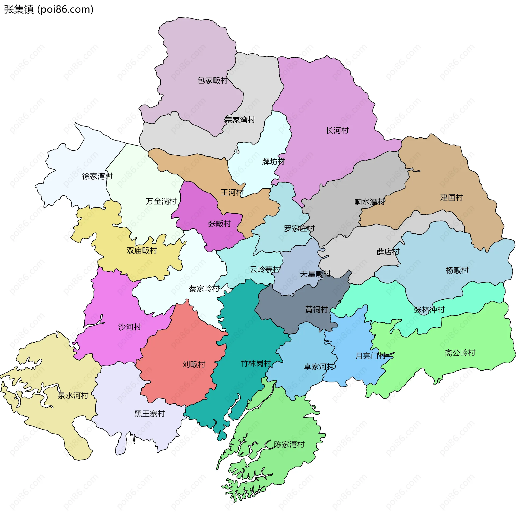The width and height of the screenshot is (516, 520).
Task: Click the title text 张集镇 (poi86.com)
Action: pyautogui.click(x=49, y=9)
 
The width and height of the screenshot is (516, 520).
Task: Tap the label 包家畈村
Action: pyautogui.click(x=212, y=80)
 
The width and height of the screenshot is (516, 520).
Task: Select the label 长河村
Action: pyautogui.click(x=337, y=131)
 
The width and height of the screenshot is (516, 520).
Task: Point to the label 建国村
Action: pyautogui.click(x=451, y=197)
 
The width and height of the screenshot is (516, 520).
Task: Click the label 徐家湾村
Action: pyautogui.click(x=97, y=176)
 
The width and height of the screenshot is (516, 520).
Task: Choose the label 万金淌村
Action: pyautogui.click(x=161, y=201)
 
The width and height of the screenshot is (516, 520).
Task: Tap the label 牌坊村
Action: pyautogui.click(x=273, y=162)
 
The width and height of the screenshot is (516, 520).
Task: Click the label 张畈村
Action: pyautogui.click(x=219, y=224)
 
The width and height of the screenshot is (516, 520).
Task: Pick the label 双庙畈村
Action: pyautogui.click(x=142, y=250)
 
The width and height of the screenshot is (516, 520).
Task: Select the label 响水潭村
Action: pyautogui.click(x=370, y=202)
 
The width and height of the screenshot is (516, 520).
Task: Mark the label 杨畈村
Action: pyautogui.click(x=457, y=270)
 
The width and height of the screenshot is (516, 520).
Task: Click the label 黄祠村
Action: pyautogui.click(x=317, y=309)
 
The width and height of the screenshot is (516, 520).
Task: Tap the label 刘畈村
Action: pyautogui.click(x=194, y=364)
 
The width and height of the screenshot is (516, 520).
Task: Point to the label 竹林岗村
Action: pyautogui.click(x=256, y=363)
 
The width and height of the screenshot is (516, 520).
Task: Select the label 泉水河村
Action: pyautogui.click(x=73, y=395)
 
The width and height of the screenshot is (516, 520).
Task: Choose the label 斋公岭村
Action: pyautogui.click(x=460, y=353)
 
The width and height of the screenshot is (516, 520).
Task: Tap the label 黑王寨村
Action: pyautogui.click(x=149, y=413)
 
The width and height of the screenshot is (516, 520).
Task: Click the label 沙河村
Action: pyautogui.click(x=130, y=327)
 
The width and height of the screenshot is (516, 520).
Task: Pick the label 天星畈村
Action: pyautogui.click(x=315, y=274)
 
